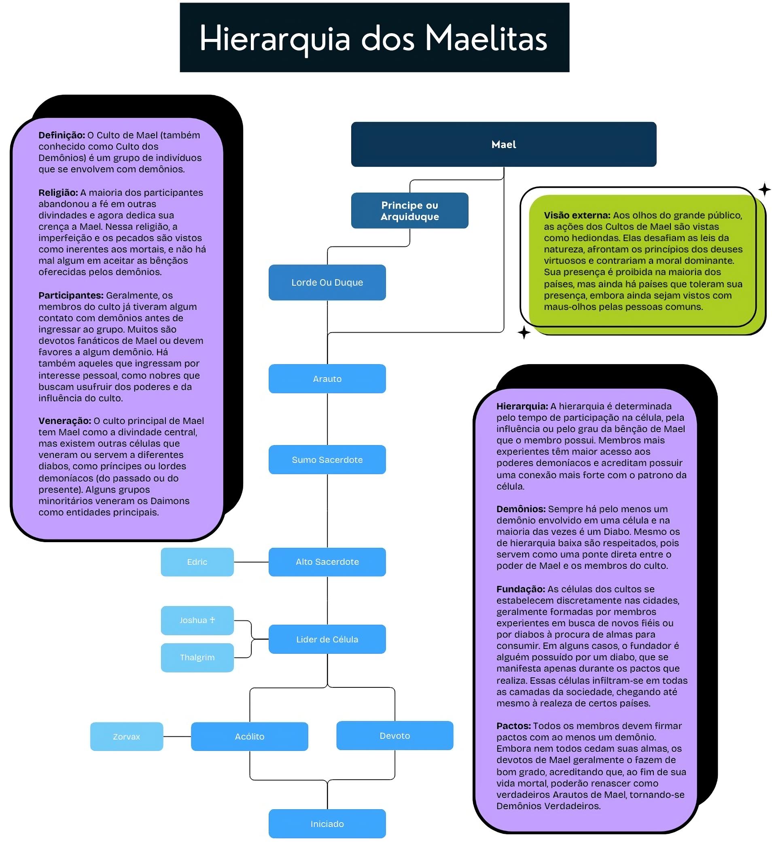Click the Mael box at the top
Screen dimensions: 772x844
(x=504, y=144)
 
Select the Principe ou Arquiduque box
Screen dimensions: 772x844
(x=409, y=210)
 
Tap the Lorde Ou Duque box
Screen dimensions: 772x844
(x=327, y=282)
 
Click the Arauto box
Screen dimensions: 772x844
(x=327, y=379)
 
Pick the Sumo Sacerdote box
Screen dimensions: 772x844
(x=327, y=460)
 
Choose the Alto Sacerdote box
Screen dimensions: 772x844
(x=327, y=562)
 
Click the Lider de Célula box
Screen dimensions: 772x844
(x=327, y=639)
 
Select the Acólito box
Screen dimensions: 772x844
(x=250, y=736)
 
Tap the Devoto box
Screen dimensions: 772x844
(x=395, y=736)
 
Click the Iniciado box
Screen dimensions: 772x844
(x=327, y=824)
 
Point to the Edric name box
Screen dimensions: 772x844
(x=197, y=562)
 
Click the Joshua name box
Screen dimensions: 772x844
(x=197, y=620)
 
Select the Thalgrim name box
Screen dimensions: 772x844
(x=197, y=658)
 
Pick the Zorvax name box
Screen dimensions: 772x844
(x=126, y=736)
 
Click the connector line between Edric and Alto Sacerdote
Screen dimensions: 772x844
(x=251, y=562)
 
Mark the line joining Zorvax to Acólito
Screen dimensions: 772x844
(x=177, y=736)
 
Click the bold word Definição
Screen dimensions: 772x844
(x=62, y=135)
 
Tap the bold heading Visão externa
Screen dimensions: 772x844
(x=577, y=215)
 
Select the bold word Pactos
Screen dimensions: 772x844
(x=514, y=726)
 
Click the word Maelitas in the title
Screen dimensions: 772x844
(x=486, y=38)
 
